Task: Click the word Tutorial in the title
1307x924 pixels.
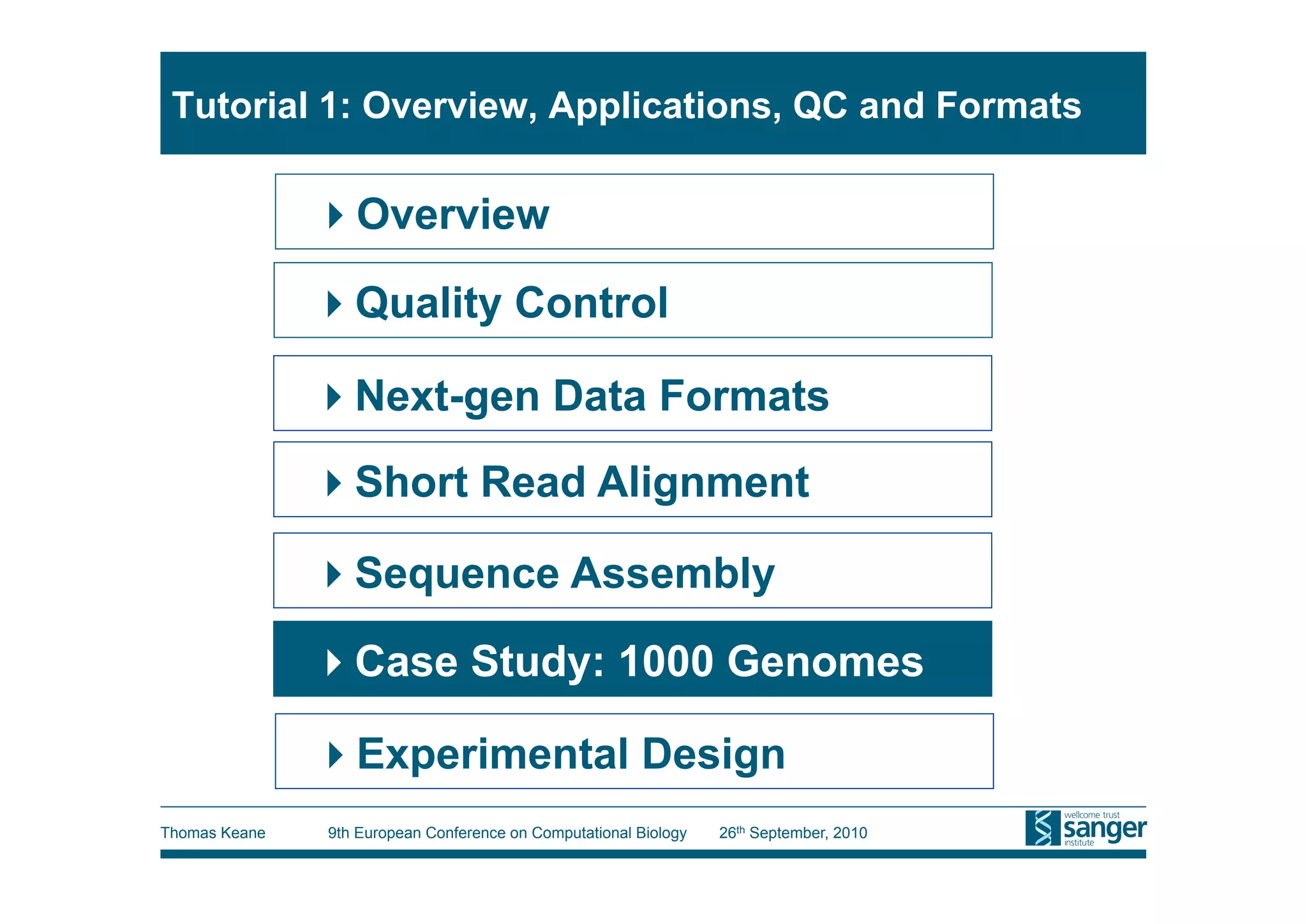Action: pyautogui.click(x=240, y=105)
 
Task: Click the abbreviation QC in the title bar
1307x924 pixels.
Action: pyautogui.click(x=819, y=105)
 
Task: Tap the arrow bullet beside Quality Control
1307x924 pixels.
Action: pyautogui.click(x=334, y=304)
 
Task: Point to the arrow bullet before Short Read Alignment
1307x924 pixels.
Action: pyautogui.click(x=334, y=483)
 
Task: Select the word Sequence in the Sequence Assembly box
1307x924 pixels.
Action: pyautogui.click(x=457, y=573)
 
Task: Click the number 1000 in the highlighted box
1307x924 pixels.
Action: pyautogui.click(x=666, y=661)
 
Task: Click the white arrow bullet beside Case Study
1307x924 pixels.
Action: pyautogui.click(x=334, y=662)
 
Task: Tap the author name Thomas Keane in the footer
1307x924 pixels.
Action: pyautogui.click(x=213, y=833)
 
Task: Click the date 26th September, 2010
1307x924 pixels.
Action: pyautogui.click(x=793, y=833)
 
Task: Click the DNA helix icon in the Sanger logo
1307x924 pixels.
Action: pyautogui.click(x=1042, y=828)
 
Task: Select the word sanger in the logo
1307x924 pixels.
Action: pyautogui.click(x=1104, y=829)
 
